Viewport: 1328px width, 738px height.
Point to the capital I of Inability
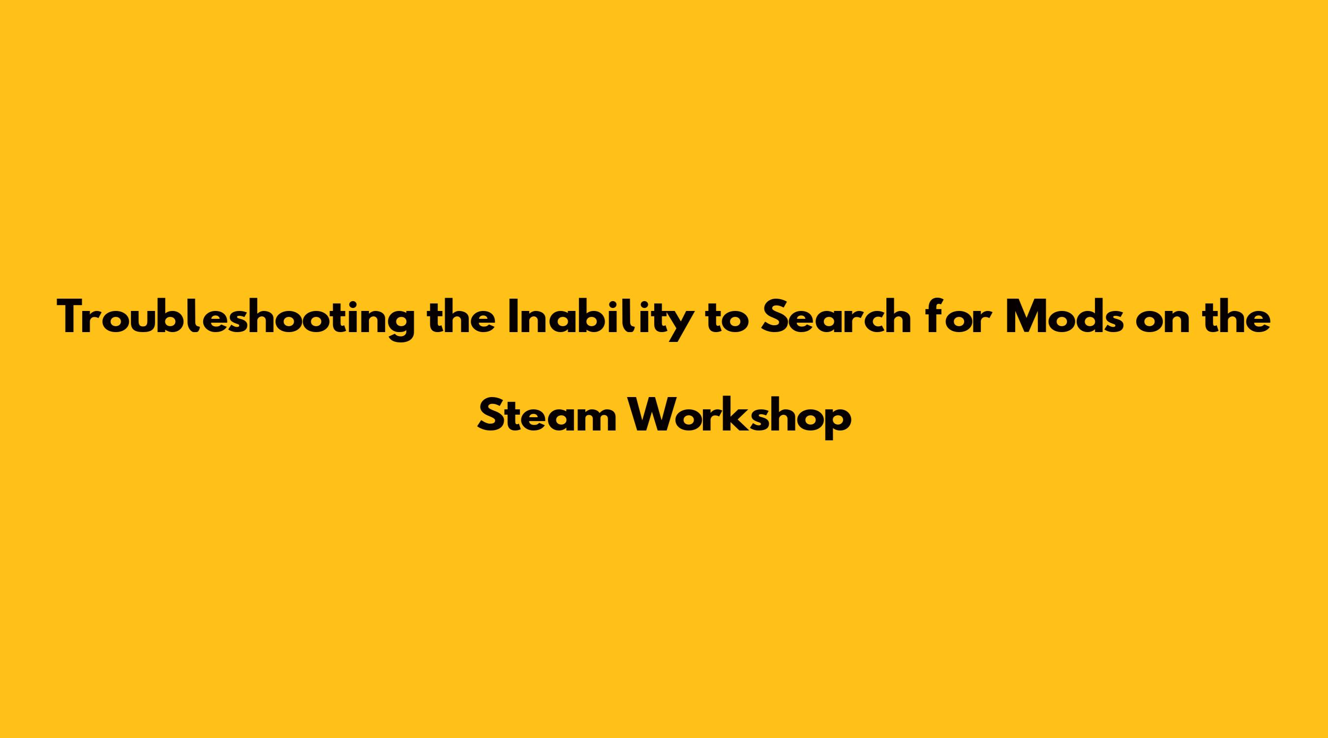(x=514, y=317)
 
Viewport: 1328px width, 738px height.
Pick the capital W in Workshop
(x=650, y=416)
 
